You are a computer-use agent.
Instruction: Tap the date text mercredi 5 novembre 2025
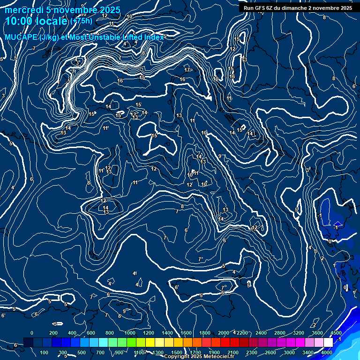[x=62, y=10]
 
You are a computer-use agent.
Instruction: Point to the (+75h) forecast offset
[x=81, y=21]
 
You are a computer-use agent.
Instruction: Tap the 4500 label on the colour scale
[x=335, y=333]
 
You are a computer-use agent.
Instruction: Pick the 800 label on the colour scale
[x=110, y=333]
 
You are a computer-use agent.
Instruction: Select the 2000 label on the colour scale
[x=224, y=333]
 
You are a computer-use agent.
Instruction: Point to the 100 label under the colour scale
[x=45, y=352]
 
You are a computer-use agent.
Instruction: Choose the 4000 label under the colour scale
[x=327, y=352]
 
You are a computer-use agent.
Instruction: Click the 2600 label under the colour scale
[x=270, y=352]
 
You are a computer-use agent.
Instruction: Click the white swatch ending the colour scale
[x=329, y=343]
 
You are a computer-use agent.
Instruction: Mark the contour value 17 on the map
[x=187, y=70]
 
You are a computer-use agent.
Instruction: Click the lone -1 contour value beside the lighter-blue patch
[x=319, y=216]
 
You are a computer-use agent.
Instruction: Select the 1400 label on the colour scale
[x=167, y=333]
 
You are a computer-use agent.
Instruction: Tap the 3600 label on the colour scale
[x=317, y=333]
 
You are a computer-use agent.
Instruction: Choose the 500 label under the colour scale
[x=82, y=352]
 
